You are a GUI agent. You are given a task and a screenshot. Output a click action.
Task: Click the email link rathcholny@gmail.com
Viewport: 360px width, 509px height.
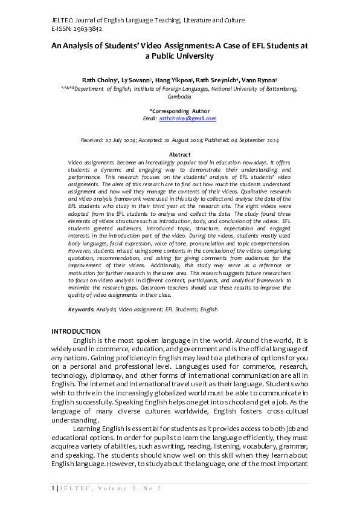pos(187,118)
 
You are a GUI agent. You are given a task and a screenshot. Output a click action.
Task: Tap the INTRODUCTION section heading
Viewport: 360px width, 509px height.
pos(76,331)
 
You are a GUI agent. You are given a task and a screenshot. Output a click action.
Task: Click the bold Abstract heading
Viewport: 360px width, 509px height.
pos(179,155)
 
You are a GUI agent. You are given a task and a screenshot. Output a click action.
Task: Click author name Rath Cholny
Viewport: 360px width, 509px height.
pos(99,80)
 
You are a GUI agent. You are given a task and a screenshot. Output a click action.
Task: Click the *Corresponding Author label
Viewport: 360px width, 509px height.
pos(179,111)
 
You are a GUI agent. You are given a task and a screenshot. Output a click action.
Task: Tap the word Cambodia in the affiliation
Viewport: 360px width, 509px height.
pos(179,96)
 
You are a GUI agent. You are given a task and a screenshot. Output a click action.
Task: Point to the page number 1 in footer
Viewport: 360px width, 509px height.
pos(53,488)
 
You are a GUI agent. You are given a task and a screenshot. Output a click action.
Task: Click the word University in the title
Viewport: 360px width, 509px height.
pos(192,56)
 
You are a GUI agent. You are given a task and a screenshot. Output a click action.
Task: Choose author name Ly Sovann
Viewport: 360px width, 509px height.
pos(136,80)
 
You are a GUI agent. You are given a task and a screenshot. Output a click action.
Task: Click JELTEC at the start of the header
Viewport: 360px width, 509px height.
pos(63,20)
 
